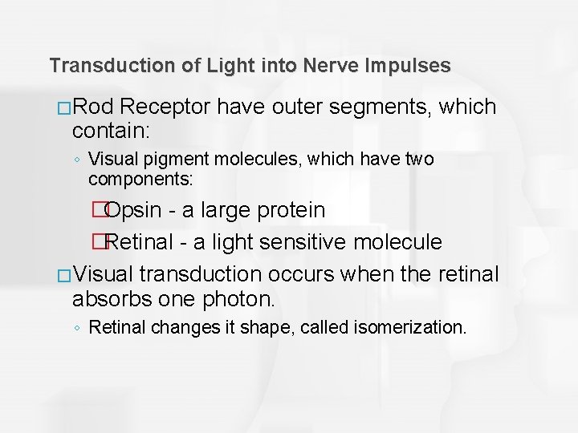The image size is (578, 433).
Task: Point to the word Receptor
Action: click(173, 107)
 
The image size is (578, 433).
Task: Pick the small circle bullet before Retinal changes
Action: click(77, 328)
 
